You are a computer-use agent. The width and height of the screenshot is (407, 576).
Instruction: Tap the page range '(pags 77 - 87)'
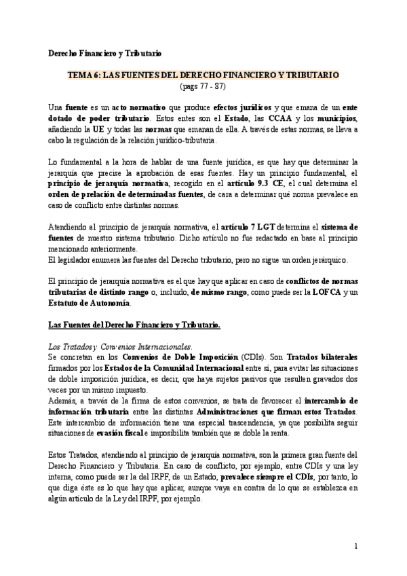pos(203,86)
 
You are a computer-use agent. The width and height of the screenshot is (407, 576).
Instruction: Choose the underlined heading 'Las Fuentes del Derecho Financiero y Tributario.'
pos(135,326)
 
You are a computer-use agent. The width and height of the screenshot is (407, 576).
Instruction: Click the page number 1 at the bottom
pos(355,547)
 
